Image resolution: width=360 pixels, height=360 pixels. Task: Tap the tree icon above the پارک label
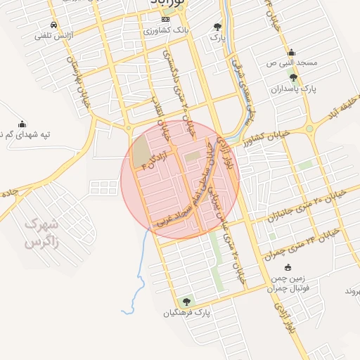(217, 27)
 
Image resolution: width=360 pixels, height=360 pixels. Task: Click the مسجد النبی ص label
(291, 63)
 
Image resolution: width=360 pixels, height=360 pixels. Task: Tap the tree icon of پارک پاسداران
(293, 77)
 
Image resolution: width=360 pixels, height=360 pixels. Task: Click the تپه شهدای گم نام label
(25, 134)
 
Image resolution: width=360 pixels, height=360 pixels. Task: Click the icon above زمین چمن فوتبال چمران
(287, 266)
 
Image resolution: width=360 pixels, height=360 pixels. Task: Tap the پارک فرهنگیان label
(186, 312)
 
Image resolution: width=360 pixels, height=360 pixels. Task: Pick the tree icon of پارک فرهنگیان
(186, 301)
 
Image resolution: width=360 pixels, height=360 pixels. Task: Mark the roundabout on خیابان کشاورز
(309, 128)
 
